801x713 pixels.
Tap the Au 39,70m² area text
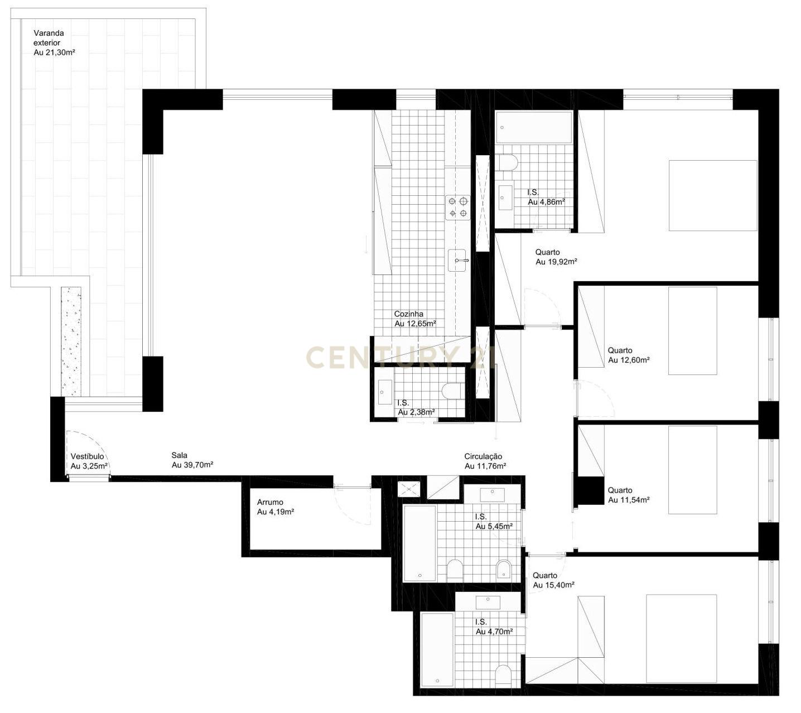pyautogui.click(x=192, y=465)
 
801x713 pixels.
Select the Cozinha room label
pyautogui.click(x=408, y=314)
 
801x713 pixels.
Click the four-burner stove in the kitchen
pyautogui.click(x=457, y=207)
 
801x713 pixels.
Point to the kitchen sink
pyautogui.click(x=458, y=261)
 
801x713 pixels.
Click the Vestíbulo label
pyautogui.click(x=87, y=456)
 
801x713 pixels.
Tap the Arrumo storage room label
pyautogui.click(x=270, y=502)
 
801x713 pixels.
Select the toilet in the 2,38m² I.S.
pyautogui.click(x=452, y=391)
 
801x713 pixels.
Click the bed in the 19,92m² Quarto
pyautogui.click(x=712, y=195)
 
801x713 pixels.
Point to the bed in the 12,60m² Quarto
pyautogui.click(x=692, y=331)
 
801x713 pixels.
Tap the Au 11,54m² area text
pyautogui.click(x=629, y=500)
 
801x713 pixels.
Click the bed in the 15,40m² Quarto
pyautogui.click(x=681, y=638)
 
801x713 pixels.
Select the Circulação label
pyautogui.click(x=483, y=456)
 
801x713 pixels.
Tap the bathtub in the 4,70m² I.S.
pyautogui.click(x=437, y=650)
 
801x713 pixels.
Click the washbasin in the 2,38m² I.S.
pyautogui.click(x=385, y=392)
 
